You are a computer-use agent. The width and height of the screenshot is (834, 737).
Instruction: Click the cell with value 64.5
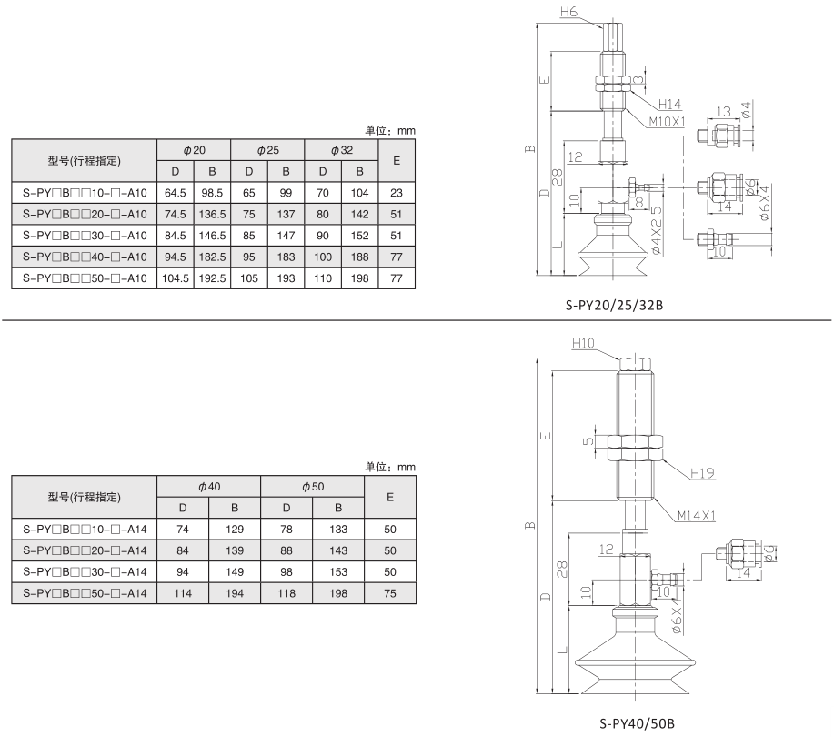click(x=174, y=192)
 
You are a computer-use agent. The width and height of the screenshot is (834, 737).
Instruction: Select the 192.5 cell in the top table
click(x=211, y=278)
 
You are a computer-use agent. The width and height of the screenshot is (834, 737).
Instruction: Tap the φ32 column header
click(x=341, y=148)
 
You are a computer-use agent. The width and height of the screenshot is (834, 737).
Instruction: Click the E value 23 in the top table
click(x=396, y=192)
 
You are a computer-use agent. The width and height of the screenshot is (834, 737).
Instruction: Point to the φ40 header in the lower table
click(x=208, y=486)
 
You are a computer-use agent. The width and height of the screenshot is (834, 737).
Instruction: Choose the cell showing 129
click(x=235, y=529)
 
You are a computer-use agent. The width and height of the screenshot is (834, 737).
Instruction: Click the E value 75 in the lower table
click(x=390, y=592)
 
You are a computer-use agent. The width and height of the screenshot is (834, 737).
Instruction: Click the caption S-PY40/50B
click(x=637, y=725)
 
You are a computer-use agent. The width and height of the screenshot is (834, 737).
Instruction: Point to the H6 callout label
click(x=569, y=13)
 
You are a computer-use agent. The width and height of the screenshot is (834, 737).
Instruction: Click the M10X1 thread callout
click(x=668, y=121)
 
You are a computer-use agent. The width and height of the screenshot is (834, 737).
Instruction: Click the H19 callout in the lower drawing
click(x=702, y=473)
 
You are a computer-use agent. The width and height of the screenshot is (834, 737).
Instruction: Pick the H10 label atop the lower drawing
click(x=583, y=343)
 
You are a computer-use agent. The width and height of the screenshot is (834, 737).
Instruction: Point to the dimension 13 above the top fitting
click(x=723, y=111)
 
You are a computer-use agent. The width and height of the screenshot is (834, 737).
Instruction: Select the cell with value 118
click(x=286, y=592)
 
